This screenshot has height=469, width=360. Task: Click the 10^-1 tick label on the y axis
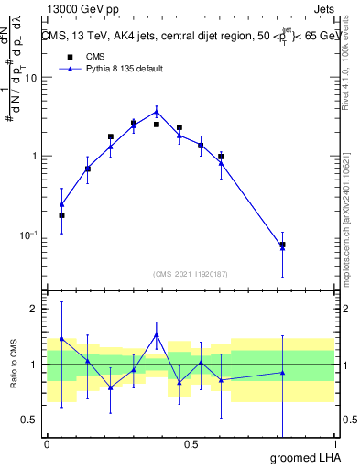(29, 234)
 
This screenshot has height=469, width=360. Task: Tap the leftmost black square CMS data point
(61, 215)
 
